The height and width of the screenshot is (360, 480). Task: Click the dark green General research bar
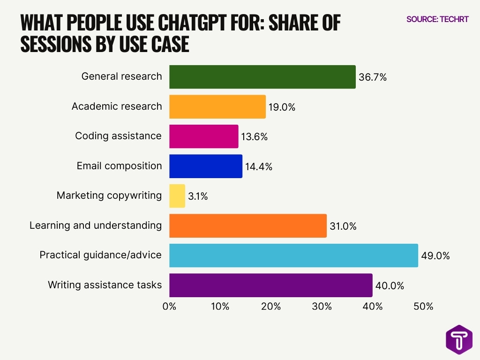[x=262, y=77]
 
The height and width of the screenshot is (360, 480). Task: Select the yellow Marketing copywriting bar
[x=177, y=196]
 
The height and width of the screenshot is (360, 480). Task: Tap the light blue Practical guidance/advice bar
[x=293, y=255]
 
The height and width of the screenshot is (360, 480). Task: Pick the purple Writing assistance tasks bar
[x=270, y=285]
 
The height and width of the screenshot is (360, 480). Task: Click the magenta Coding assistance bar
[x=203, y=136]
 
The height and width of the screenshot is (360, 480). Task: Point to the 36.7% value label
[x=372, y=78]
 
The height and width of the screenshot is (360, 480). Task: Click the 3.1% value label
[x=198, y=196]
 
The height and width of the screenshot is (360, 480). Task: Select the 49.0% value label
[x=435, y=256]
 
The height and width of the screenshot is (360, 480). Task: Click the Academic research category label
[x=117, y=106]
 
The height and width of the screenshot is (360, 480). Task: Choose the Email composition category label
[x=119, y=166]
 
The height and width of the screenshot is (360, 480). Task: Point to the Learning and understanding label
[x=96, y=225]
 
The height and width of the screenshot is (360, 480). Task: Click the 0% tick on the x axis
[x=169, y=307]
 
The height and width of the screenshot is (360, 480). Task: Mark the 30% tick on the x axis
[x=322, y=307]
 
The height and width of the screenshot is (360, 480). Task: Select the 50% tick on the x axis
[x=423, y=307]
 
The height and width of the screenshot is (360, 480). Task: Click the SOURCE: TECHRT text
[x=437, y=19]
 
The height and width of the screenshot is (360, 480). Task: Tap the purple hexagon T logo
[x=459, y=339]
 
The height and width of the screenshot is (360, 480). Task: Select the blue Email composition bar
[x=206, y=166]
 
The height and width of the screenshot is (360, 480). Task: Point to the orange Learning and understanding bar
[x=247, y=225]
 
